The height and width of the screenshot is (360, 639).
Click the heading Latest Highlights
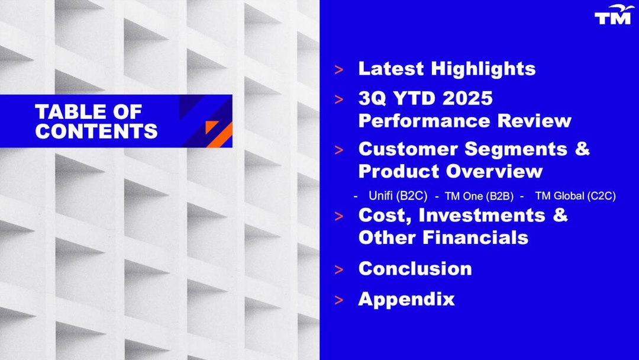coord(447,69)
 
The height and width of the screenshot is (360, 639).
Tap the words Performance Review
coord(464,121)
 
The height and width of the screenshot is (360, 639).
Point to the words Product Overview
coord(450,171)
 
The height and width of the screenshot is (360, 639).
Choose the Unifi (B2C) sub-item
coord(394,196)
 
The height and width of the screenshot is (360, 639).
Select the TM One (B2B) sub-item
coord(479,196)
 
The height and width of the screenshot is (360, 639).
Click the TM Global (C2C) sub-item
coord(575,196)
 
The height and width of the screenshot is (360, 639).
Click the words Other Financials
coord(443,237)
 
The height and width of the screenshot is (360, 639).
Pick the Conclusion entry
coord(415,268)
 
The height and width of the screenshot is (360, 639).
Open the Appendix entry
coord(406,299)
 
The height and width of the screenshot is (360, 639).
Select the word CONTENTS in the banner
coord(96,131)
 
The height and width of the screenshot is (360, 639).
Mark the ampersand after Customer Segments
coord(582,149)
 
